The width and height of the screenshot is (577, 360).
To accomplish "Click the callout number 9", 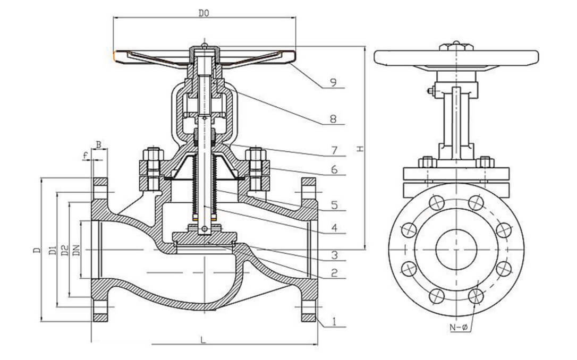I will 333,82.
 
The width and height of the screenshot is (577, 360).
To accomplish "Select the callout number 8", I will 333,119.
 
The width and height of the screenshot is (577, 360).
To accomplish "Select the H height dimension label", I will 360,150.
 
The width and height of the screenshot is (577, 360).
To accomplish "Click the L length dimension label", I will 203,340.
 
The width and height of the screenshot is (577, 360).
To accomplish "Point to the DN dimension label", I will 76,250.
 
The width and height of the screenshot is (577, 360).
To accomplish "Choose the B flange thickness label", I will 98,144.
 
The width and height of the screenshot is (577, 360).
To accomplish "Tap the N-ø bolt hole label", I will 458,328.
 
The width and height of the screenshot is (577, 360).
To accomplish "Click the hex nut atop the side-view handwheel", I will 456,47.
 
